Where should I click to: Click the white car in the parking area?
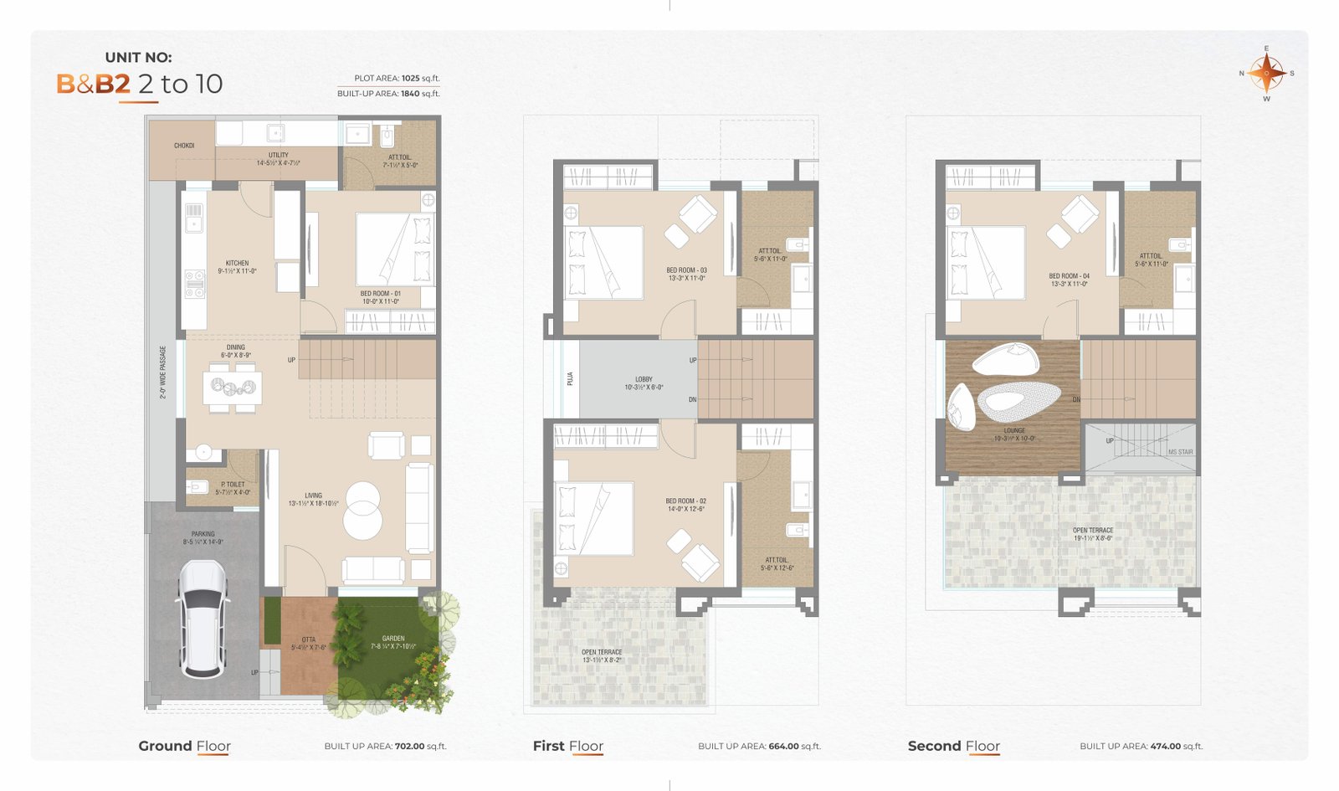click(x=203, y=618)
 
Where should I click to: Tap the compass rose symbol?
click(x=1266, y=74)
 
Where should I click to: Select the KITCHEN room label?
click(x=237, y=264)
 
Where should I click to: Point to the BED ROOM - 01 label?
click(x=380, y=294)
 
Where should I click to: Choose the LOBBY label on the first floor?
click(x=644, y=380)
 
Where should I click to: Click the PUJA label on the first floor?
click(x=570, y=378)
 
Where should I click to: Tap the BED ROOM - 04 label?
click(x=1069, y=276)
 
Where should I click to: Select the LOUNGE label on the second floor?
click(x=1014, y=431)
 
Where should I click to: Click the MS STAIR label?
click(x=1180, y=452)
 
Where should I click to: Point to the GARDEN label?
click(x=392, y=639)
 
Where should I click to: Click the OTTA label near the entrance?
click(x=309, y=639)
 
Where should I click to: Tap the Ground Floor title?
click(x=184, y=746)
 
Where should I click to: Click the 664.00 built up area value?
click(x=784, y=746)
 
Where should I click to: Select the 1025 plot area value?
click(x=410, y=78)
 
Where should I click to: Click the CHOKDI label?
click(x=184, y=146)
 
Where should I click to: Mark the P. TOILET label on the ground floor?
click(x=233, y=485)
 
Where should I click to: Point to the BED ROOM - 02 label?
click(x=686, y=501)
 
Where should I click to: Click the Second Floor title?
click(x=953, y=746)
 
